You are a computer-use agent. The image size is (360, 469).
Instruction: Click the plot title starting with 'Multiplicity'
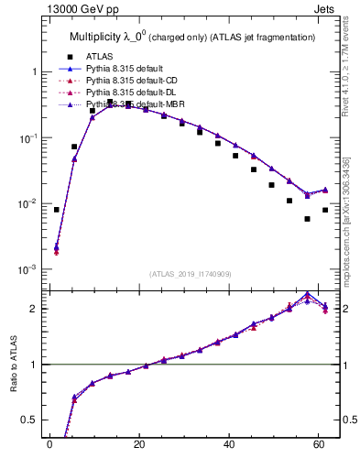tap(192, 38)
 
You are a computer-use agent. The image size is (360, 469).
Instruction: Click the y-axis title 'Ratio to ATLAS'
tap(13, 365)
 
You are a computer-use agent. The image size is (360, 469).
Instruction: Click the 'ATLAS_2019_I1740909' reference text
tap(190, 273)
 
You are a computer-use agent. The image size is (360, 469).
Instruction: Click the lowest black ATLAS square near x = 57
tap(307, 219)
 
